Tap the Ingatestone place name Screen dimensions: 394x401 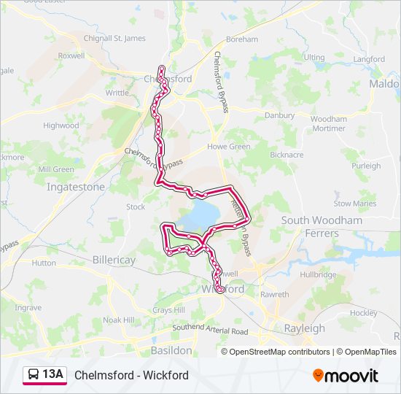click(76, 187)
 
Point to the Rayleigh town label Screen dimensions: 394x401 click(304, 328)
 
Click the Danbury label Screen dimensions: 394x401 click(279, 115)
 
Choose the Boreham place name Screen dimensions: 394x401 click(242, 39)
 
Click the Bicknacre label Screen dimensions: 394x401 click(287, 155)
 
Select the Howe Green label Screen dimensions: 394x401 click(229, 147)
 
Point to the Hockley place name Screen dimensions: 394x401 click(365, 312)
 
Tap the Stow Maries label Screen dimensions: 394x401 click(355, 204)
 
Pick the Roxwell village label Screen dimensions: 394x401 click(71, 55)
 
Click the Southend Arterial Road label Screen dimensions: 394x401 click(210, 331)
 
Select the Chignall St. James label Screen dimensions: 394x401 click(115, 39)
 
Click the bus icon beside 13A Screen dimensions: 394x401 click(34, 375)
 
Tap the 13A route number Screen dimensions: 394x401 click(53, 375)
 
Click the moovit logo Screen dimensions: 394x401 click(346, 376)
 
